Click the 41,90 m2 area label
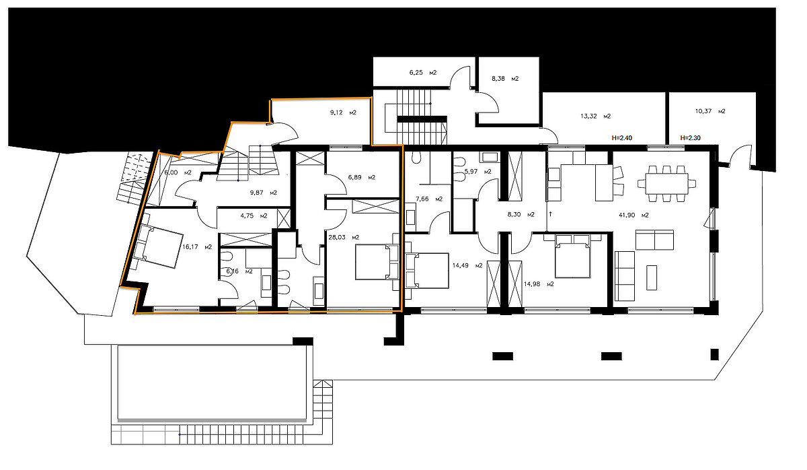(x=633, y=215)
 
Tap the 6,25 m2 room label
(x=423, y=73)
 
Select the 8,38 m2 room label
(x=505, y=79)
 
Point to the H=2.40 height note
(x=622, y=138)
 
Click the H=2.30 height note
(x=690, y=138)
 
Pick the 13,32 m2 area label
(x=596, y=116)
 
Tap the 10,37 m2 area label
(x=710, y=111)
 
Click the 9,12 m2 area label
(x=343, y=112)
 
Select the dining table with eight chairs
(x=667, y=184)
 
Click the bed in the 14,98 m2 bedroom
(x=572, y=256)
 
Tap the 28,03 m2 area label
(x=344, y=237)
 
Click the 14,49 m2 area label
(x=467, y=265)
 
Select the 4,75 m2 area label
(x=254, y=215)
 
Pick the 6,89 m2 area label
(x=362, y=178)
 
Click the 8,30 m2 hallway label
(x=521, y=214)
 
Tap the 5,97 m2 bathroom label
(x=477, y=172)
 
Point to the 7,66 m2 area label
(x=429, y=199)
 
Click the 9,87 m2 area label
(x=264, y=193)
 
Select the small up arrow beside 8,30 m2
(x=551, y=214)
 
